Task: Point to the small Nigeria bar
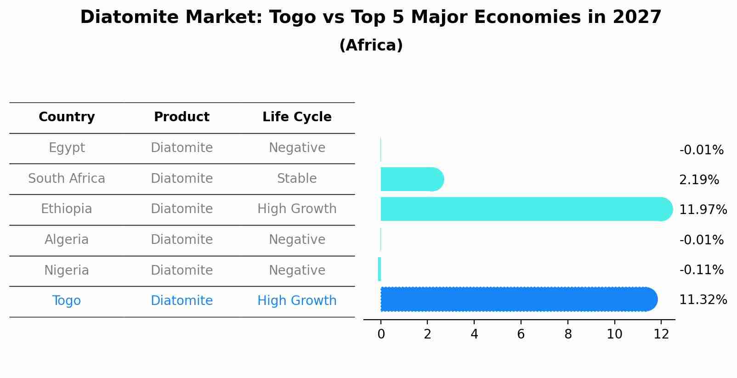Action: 380,269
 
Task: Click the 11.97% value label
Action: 703,210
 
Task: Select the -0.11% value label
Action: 701,270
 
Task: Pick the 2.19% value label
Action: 699,180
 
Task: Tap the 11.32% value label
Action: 703,300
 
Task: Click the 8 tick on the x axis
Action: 568,334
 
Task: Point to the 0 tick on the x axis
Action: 381,334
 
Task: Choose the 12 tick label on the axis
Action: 661,334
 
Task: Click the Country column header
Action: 67,117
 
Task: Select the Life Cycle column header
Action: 297,117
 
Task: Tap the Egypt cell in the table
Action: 67,148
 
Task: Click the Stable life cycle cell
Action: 297,179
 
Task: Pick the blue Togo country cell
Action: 67,301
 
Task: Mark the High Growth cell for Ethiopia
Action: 297,209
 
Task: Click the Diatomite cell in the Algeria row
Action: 181,240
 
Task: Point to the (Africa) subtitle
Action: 371,45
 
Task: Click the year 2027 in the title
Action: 637,17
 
